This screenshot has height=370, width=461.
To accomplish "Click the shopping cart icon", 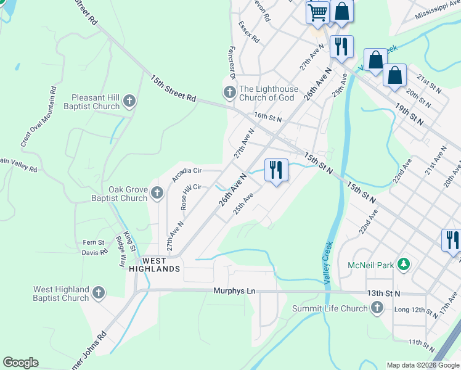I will (317, 12).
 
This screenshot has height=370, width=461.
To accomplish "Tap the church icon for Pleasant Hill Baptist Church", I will (129, 101).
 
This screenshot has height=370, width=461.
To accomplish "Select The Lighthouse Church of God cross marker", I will (229, 93).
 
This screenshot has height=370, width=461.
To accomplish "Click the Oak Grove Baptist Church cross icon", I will (157, 193).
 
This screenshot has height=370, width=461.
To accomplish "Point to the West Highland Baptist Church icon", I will (99, 293).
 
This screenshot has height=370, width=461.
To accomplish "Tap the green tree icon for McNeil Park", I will (404, 265).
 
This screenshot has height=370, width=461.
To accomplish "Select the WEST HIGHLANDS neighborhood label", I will (155, 265).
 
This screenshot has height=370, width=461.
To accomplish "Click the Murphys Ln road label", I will (234, 291).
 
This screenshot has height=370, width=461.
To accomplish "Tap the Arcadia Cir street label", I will (187, 175).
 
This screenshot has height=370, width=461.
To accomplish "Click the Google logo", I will (20, 363).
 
